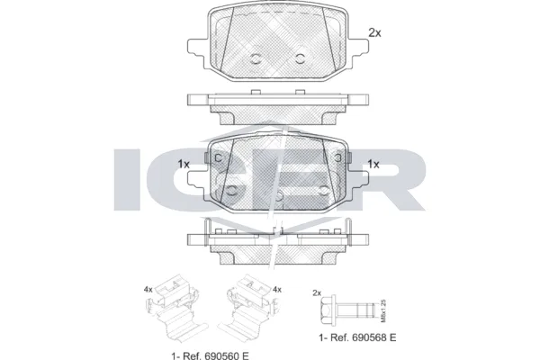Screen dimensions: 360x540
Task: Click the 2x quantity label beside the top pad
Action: click(x=375, y=32)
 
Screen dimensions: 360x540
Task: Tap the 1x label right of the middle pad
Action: click(x=373, y=164)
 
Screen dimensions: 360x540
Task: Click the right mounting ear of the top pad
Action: click(x=359, y=46)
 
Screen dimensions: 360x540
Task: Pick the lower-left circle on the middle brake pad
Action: click(x=233, y=190)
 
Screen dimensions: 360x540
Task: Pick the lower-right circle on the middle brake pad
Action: click(x=325, y=190)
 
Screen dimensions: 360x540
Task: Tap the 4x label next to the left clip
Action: click(x=147, y=289)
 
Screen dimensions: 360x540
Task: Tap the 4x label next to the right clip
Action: click(x=277, y=289)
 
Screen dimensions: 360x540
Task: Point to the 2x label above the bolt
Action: click(x=316, y=293)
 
